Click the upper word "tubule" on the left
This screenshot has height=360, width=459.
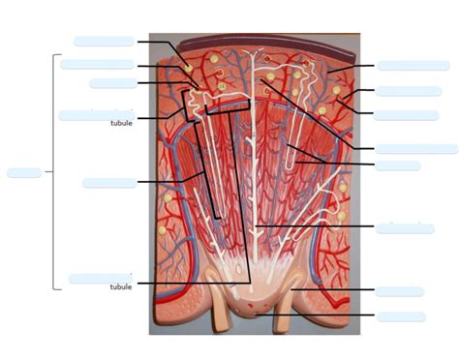coord(121,123)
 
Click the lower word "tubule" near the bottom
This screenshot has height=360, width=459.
coord(121,286)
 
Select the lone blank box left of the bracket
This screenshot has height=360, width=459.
coord(24,173)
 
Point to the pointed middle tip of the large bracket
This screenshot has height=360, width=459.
coord(46,173)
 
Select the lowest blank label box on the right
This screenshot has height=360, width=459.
coord(401,316)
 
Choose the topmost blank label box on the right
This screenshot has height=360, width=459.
coord(413,66)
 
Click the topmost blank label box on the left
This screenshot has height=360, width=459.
coord(104,42)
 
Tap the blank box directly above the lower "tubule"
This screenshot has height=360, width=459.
coord(100,279)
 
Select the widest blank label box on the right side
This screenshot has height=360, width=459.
coord(416,149)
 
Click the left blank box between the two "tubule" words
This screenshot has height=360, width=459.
coord(109,183)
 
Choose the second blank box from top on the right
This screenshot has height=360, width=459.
coord(409,91)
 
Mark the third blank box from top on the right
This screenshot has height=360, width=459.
coord(406,115)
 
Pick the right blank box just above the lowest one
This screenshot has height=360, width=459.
coord(400,291)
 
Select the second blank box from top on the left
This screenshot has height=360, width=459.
coord(97,65)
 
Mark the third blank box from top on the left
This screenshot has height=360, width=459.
coord(112,83)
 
